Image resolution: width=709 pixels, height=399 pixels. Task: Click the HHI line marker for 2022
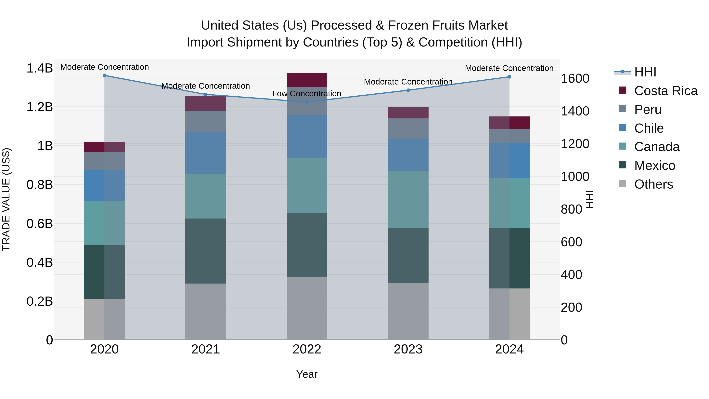point(307,102)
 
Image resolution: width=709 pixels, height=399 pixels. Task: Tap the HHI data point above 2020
point(104,75)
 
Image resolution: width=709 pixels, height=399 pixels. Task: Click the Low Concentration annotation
point(307,94)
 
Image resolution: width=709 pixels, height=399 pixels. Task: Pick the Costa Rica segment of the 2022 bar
point(307,80)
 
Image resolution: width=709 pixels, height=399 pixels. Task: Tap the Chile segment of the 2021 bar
point(205,153)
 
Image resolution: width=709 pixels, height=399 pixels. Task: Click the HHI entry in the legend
point(645,72)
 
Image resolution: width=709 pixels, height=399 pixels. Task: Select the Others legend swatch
point(622,184)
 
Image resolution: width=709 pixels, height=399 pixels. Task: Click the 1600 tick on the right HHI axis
point(575,78)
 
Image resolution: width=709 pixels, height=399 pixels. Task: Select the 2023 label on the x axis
point(408,349)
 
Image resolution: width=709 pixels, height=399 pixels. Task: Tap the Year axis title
point(307,374)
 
